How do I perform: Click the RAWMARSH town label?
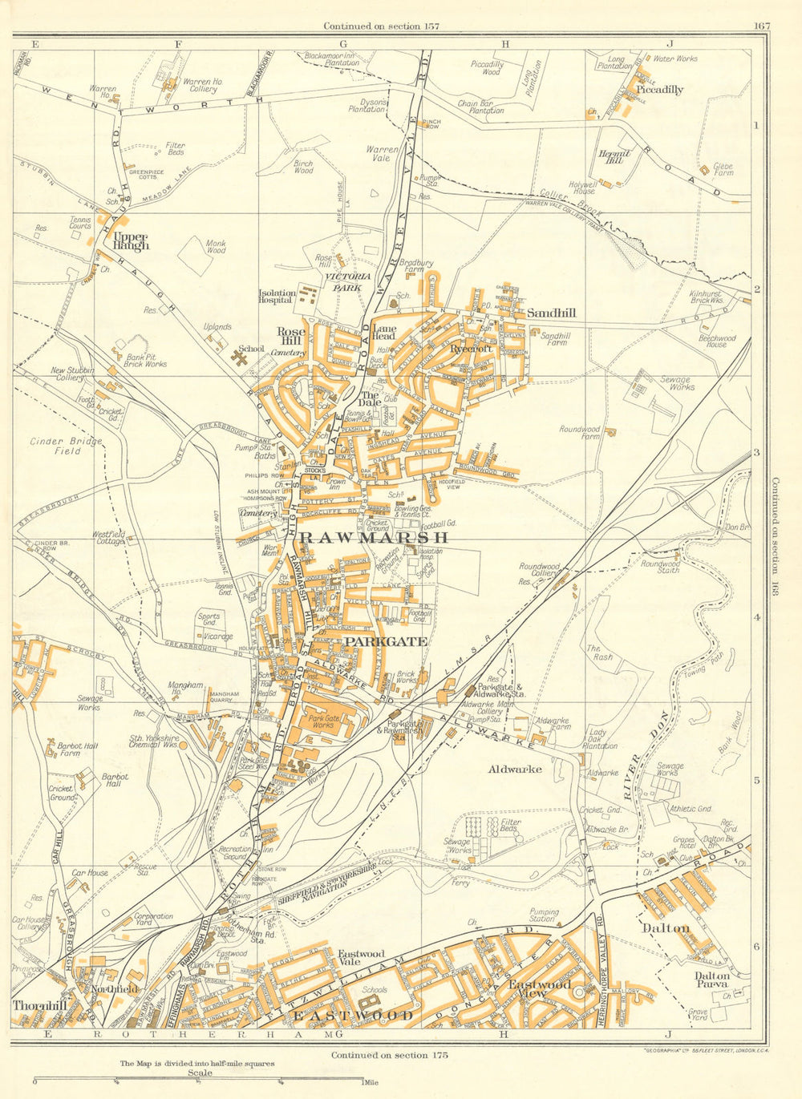pos(373,538)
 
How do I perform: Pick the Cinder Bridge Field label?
pos(55,446)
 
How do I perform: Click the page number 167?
pos(761,26)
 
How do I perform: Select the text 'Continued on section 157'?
pos(381,26)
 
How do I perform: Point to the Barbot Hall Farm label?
pos(77,750)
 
